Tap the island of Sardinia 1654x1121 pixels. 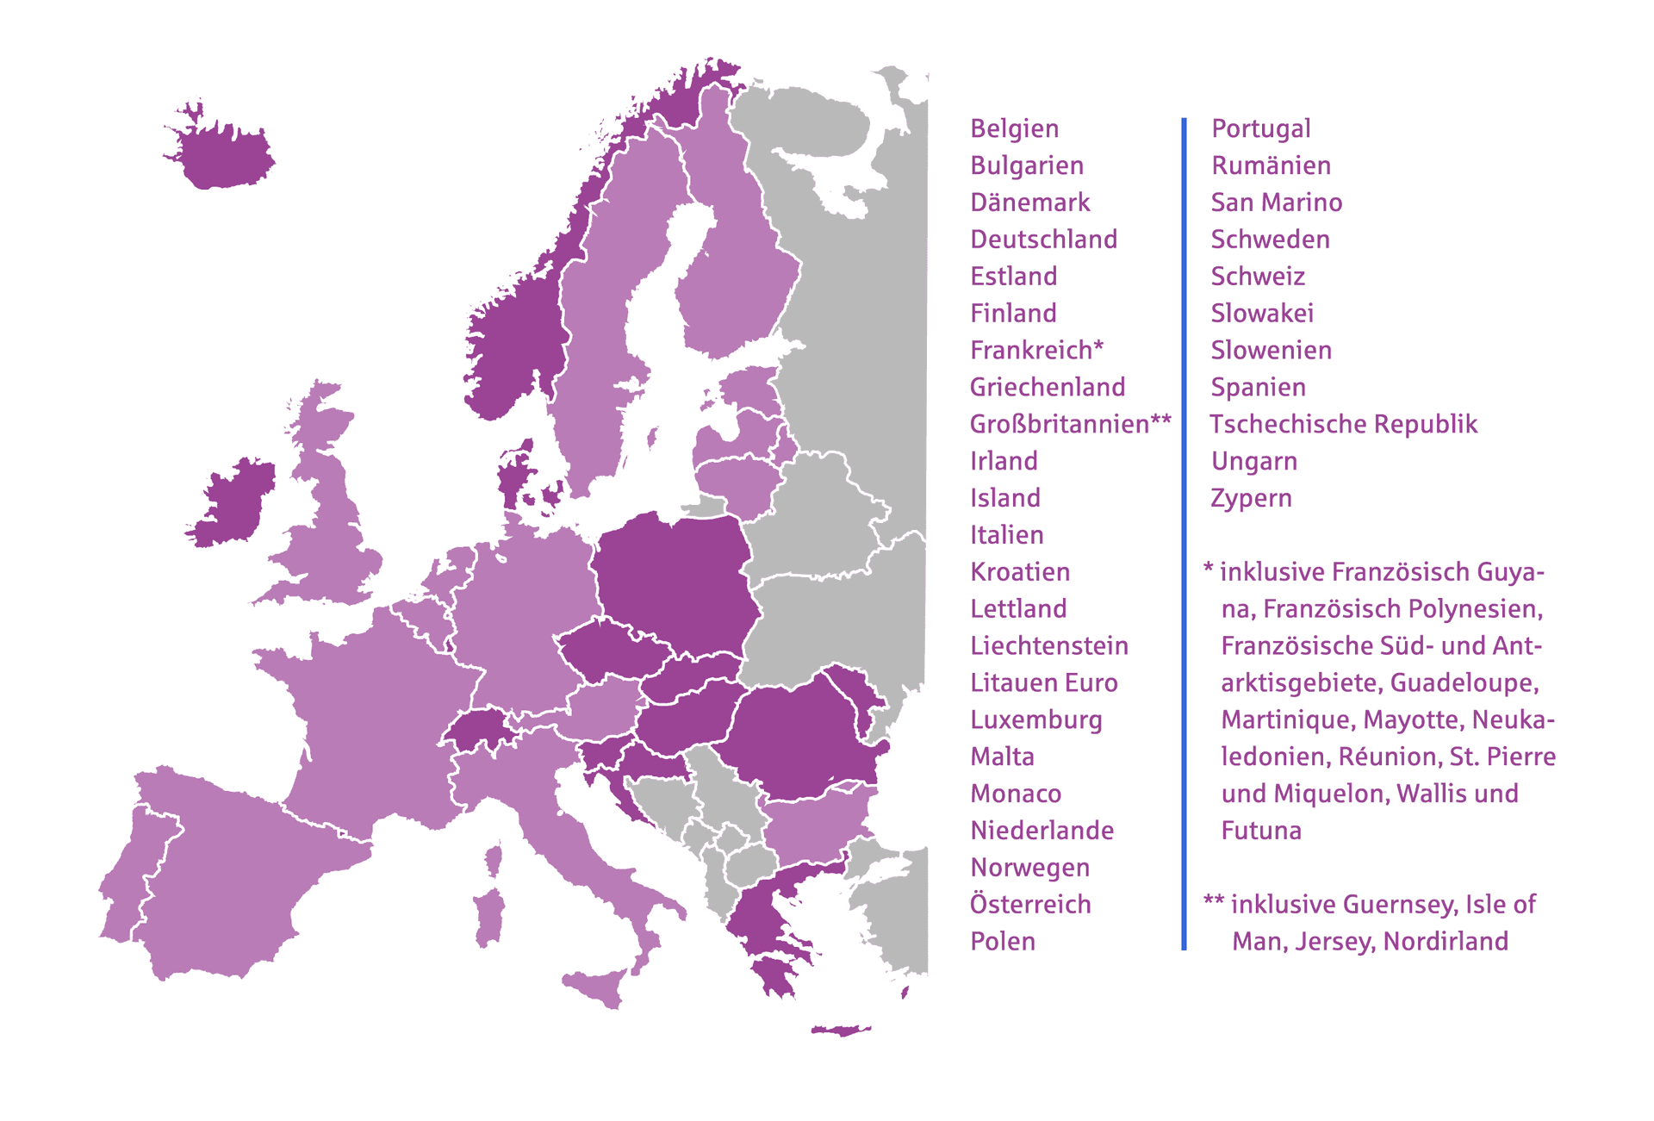click(x=488, y=918)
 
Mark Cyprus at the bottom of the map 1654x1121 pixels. click(x=840, y=1030)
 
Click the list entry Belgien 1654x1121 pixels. click(x=1014, y=128)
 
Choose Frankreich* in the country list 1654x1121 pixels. click(x=1036, y=350)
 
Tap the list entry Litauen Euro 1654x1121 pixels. click(x=1043, y=682)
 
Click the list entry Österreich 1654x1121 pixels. click(x=1030, y=904)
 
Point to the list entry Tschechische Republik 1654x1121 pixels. click(x=1343, y=424)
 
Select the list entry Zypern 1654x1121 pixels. click(x=1251, y=498)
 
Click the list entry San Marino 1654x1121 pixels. click(x=1276, y=202)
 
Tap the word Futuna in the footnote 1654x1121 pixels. click(x=1261, y=831)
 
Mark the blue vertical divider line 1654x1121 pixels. click(x=1184, y=534)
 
